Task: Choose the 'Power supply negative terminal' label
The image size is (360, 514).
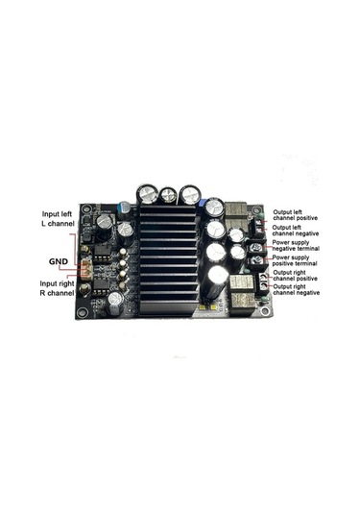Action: [x=300, y=246]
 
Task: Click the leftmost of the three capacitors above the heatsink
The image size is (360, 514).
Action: [x=147, y=194]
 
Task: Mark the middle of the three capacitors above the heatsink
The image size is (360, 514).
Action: [x=170, y=194]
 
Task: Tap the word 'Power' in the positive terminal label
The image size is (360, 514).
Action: [x=285, y=257]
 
